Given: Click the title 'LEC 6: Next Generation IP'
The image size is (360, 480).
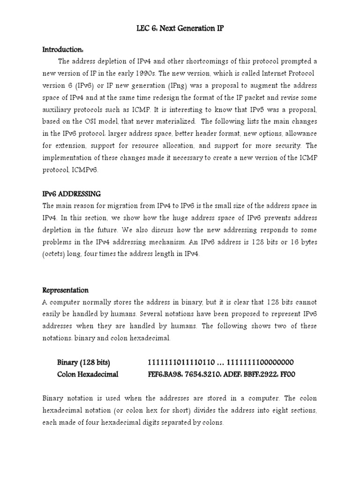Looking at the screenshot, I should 180,29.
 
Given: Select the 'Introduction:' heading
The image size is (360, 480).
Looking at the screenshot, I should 63,49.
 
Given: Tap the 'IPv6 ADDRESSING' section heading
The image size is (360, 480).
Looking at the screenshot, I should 72,194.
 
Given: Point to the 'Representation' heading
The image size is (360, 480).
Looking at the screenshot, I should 66,290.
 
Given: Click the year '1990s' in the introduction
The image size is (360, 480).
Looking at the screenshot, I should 172,74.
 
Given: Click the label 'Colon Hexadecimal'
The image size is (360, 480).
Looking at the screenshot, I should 88,375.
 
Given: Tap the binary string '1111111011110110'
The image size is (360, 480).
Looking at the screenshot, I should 181,362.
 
